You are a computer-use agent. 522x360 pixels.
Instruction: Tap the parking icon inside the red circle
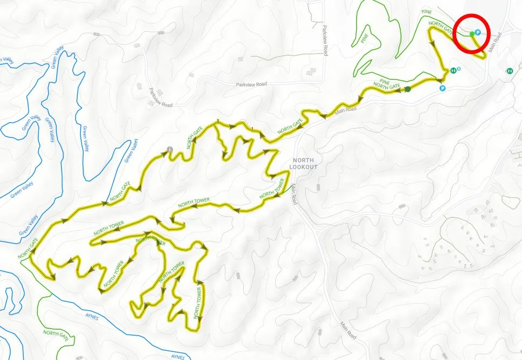(x=478, y=32)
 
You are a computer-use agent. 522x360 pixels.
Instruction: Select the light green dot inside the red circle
(x=472, y=34)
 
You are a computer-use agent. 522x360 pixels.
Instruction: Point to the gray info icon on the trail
(x=170, y=149)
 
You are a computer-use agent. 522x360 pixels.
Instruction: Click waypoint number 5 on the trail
(x=218, y=121)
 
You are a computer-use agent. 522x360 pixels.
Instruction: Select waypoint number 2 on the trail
(x=184, y=224)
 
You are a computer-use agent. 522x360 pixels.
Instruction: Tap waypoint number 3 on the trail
(x=172, y=306)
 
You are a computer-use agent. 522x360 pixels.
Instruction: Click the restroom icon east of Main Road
(x=510, y=70)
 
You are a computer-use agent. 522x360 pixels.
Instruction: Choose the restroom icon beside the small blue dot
(x=453, y=70)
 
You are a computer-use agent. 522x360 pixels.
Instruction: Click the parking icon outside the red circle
(x=443, y=88)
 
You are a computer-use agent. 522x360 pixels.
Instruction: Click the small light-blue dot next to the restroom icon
(x=459, y=69)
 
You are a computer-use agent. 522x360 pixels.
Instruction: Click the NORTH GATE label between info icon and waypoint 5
(x=196, y=143)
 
